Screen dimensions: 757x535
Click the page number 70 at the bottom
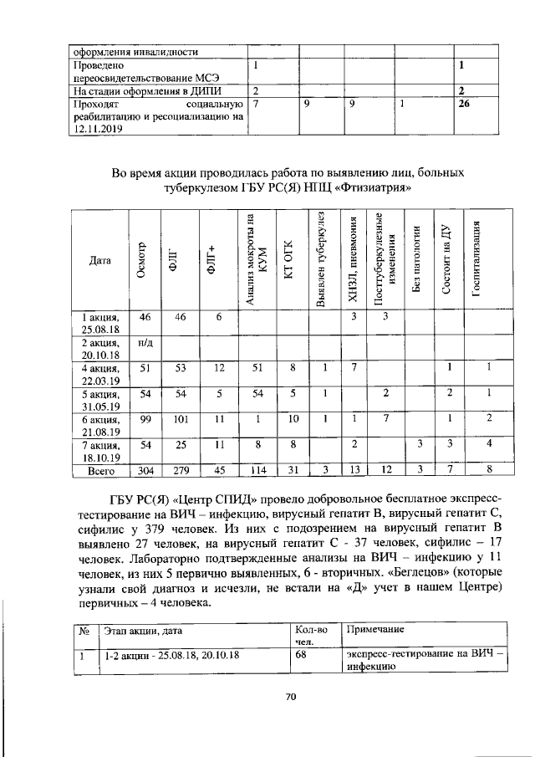tap(292, 694)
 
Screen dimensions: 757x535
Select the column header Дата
tap(99, 260)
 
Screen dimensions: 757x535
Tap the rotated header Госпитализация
tap(478, 259)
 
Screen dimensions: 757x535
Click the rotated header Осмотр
tap(143, 260)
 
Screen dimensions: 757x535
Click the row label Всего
tap(100, 471)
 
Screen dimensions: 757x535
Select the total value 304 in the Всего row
tap(145, 471)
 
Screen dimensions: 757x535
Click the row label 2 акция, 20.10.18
tap(100, 349)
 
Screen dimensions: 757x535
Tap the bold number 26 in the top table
tap(461, 105)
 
